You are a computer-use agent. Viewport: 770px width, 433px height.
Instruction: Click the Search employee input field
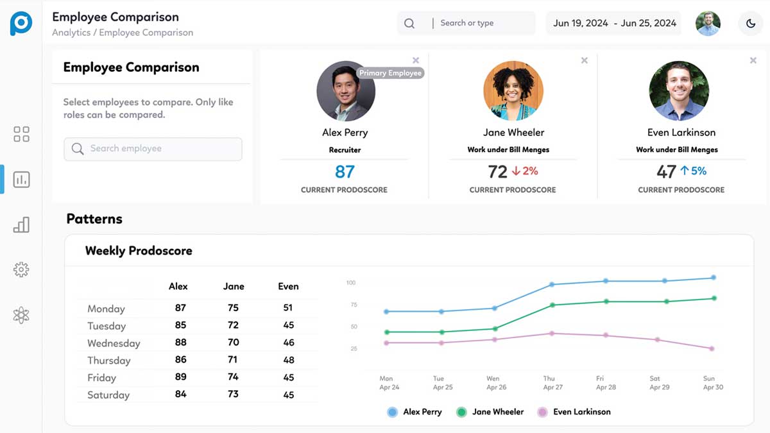[153, 149]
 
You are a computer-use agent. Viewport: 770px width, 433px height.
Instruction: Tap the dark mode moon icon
[751, 24]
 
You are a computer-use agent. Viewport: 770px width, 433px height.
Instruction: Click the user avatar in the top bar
[708, 24]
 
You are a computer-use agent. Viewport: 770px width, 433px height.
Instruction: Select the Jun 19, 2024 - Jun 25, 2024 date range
[614, 23]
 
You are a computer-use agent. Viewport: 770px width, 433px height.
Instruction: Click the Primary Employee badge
[390, 73]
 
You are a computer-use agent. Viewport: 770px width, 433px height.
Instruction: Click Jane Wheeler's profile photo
[513, 90]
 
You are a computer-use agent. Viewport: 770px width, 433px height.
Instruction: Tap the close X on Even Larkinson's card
[753, 60]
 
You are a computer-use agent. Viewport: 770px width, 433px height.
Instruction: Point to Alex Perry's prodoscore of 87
[345, 172]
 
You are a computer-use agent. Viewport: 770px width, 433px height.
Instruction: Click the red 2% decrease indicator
[525, 171]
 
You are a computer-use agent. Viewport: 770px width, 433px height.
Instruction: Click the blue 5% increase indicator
[693, 171]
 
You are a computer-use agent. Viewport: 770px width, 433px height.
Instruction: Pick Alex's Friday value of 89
[180, 377]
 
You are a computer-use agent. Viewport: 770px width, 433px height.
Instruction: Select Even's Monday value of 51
[288, 308]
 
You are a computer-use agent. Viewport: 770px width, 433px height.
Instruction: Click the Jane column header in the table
[234, 286]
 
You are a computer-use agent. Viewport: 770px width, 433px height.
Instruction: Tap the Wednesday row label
[114, 343]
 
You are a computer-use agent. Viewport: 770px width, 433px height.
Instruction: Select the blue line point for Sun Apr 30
[713, 278]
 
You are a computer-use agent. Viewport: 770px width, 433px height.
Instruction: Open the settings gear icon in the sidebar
[21, 269]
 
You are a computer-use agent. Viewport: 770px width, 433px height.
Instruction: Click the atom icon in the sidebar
[21, 315]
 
